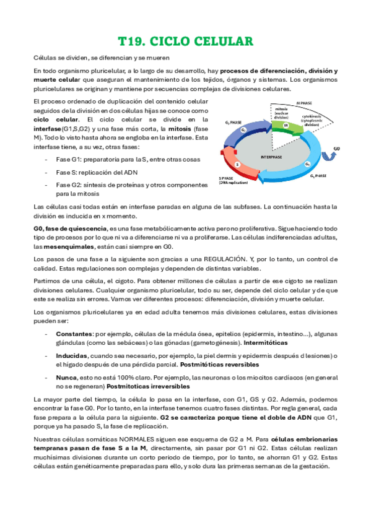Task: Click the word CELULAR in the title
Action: point(219,42)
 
